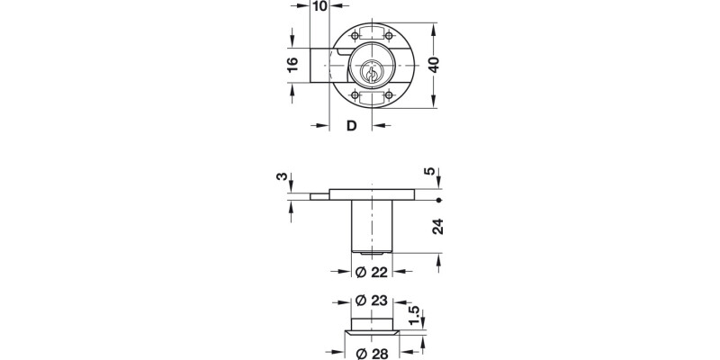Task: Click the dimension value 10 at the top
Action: (318, 7)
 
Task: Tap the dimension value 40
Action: (434, 66)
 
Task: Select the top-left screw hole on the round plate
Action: (355, 36)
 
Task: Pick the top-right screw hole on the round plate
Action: (388, 36)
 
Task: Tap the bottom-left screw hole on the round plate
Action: (355, 95)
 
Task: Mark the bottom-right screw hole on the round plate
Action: (388, 95)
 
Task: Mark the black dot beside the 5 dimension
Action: (436, 200)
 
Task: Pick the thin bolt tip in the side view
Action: (319, 195)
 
